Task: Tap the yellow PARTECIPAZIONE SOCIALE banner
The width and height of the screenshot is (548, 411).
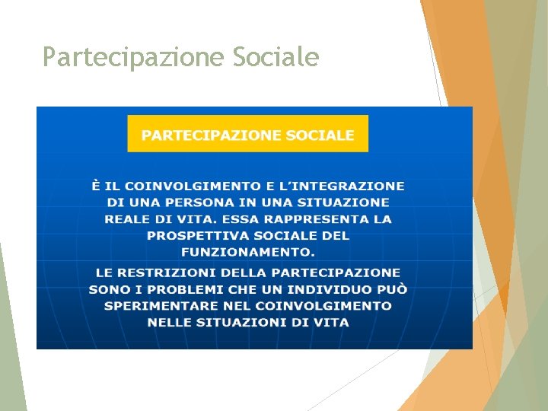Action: tap(247, 135)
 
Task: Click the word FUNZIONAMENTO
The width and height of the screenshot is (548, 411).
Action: tap(247, 252)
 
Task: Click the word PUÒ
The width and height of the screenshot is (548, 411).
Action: tap(393, 289)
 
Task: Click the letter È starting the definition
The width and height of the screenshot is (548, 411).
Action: tap(96, 186)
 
